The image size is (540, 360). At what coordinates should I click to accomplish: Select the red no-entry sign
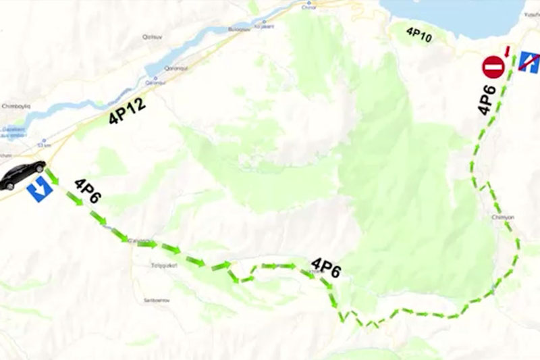click(493, 68)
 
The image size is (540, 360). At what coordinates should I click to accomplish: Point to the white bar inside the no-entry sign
click(493, 68)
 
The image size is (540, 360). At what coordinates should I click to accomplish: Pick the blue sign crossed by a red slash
click(529, 62)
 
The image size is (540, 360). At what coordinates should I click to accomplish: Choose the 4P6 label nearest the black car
click(88, 190)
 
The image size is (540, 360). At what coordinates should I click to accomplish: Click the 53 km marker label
click(45, 145)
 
